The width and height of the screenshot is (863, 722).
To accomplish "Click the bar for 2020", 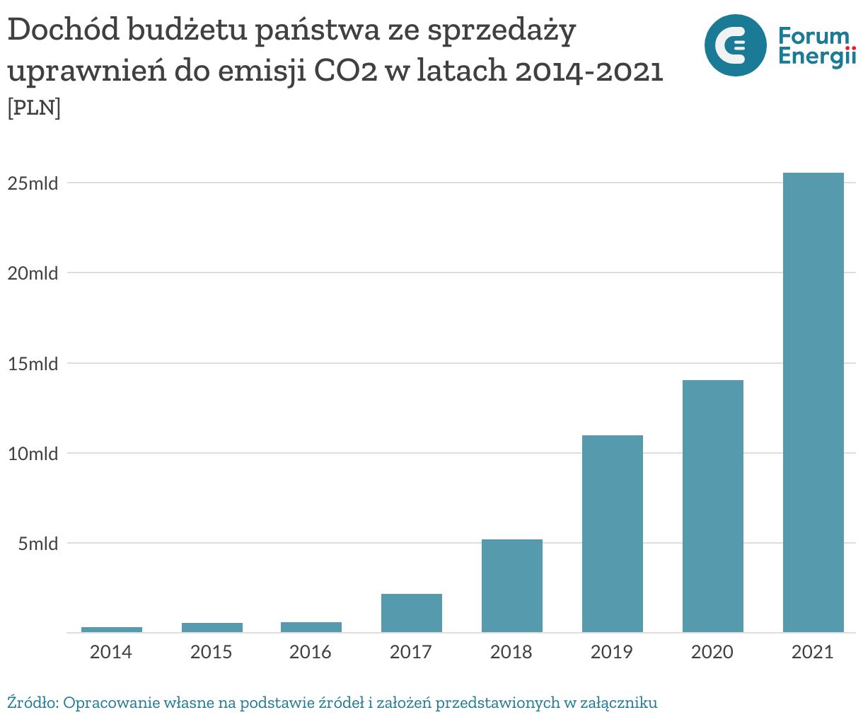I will click(x=712, y=506).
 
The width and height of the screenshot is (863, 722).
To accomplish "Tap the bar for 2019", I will click(x=612, y=534).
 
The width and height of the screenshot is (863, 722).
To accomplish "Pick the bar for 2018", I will click(x=511, y=585).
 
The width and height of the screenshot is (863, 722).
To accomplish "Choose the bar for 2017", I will click(x=411, y=613).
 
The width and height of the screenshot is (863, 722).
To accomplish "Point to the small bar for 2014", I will click(x=111, y=629).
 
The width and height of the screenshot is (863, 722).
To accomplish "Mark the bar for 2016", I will click(x=311, y=627).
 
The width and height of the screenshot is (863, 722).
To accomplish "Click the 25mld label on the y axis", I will click(x=33, y=183).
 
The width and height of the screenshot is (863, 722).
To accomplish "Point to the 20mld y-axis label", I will click(x=33, y=273).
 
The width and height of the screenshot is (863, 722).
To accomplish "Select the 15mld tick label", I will click(x=33, y=364).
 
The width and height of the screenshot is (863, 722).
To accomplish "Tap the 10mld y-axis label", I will click(x=33, y=454).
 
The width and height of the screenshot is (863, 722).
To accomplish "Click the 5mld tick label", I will click(x=38, y=544).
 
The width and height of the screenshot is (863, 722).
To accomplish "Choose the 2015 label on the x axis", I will click(x=211, y=652).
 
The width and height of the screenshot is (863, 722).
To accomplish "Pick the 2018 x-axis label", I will click(x=511, y=652).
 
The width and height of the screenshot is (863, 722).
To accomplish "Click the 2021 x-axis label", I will click(x=813, y=652).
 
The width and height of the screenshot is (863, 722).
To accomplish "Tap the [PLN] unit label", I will click(x=34, y=108).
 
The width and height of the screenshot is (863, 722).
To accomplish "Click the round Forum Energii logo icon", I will click(x=735, y=45).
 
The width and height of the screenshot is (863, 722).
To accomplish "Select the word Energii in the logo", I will click(x=816, y=57).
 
